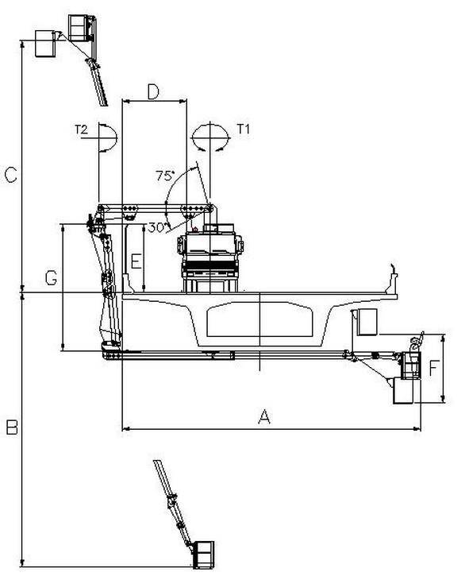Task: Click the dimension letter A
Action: (x=263, y=416)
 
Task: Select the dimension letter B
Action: (x=12, y=427)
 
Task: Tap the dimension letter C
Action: (x=10, y=175)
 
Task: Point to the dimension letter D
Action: (x=153, y=92)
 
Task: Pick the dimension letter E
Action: (x=136, y=261)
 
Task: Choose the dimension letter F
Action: (x=433, y=369)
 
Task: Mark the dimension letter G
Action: (x=51, y=278)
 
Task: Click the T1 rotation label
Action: (x=243, y=129)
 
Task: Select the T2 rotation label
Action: (x=81, y=130)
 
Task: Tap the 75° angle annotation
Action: (x=165, y=176)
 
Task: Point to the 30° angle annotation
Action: (x=156, y=227)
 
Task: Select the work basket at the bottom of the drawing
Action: (x=203, y=555)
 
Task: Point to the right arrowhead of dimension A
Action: (x=417, y=429)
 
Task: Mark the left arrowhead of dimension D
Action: (x=126, y=100)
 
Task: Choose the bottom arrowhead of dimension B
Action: (x=22, y=563)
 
